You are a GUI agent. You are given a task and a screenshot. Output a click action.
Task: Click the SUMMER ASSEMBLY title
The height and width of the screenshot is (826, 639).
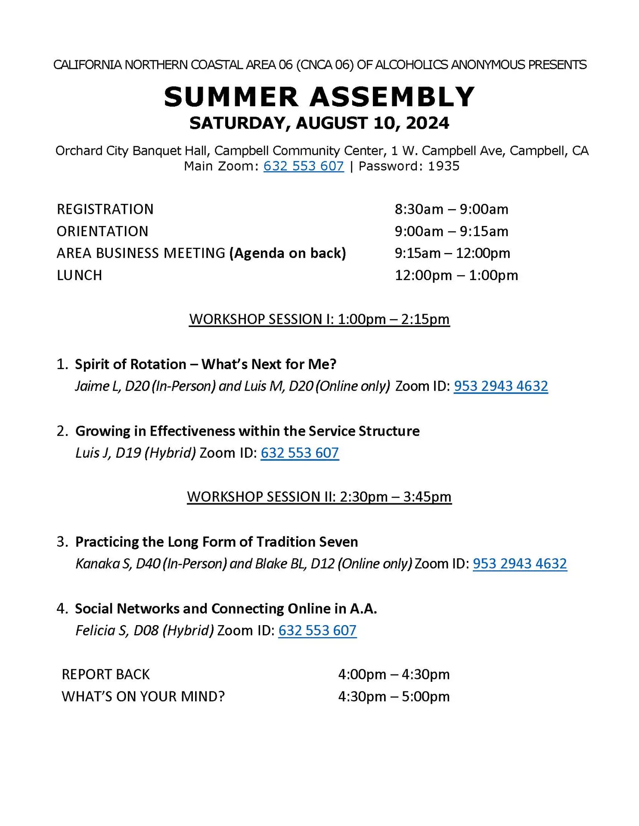tap(319, 97)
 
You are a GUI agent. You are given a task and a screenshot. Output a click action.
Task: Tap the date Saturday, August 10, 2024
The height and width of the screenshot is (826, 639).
tap(319, 123)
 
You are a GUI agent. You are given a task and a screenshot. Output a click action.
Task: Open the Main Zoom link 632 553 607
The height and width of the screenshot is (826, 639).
tap(304, 166)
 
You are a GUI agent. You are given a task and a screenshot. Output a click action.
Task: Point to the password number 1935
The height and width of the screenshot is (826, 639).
tap(444, 166)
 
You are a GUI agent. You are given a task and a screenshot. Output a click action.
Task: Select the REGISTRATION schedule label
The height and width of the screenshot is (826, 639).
tap(105, 210)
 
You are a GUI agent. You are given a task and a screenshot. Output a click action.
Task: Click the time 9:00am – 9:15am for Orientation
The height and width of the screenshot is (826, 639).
tap(451, 231)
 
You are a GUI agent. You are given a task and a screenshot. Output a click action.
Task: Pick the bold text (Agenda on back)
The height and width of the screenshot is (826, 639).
tap(288, 253)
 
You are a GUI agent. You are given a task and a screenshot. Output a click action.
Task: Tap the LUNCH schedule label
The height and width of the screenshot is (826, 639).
tap(79, 275)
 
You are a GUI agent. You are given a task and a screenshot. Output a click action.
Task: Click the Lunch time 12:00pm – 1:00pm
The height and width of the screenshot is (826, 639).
tap(456, 275)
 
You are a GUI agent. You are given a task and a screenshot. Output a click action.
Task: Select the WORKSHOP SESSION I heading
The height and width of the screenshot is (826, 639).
tap(319, 320)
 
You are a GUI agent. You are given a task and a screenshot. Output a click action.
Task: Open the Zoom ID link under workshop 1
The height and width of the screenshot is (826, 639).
tap(501, 386)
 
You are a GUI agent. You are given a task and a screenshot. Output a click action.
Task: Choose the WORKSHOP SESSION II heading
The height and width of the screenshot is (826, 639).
tap(319, 497)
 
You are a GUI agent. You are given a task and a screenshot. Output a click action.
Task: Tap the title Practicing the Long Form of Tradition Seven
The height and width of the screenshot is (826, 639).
tap(217, 542)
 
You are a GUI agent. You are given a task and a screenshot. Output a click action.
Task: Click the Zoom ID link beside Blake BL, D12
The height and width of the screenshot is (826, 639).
tap(520, 564)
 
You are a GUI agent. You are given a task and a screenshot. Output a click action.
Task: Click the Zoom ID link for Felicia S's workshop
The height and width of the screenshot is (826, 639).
tap(317, 631)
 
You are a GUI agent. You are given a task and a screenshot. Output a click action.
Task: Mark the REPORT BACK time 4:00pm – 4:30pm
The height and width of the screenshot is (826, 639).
tap(394, 675)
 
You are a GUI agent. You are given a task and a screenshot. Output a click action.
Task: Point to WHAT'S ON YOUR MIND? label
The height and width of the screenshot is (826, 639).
tap(143, 697)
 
